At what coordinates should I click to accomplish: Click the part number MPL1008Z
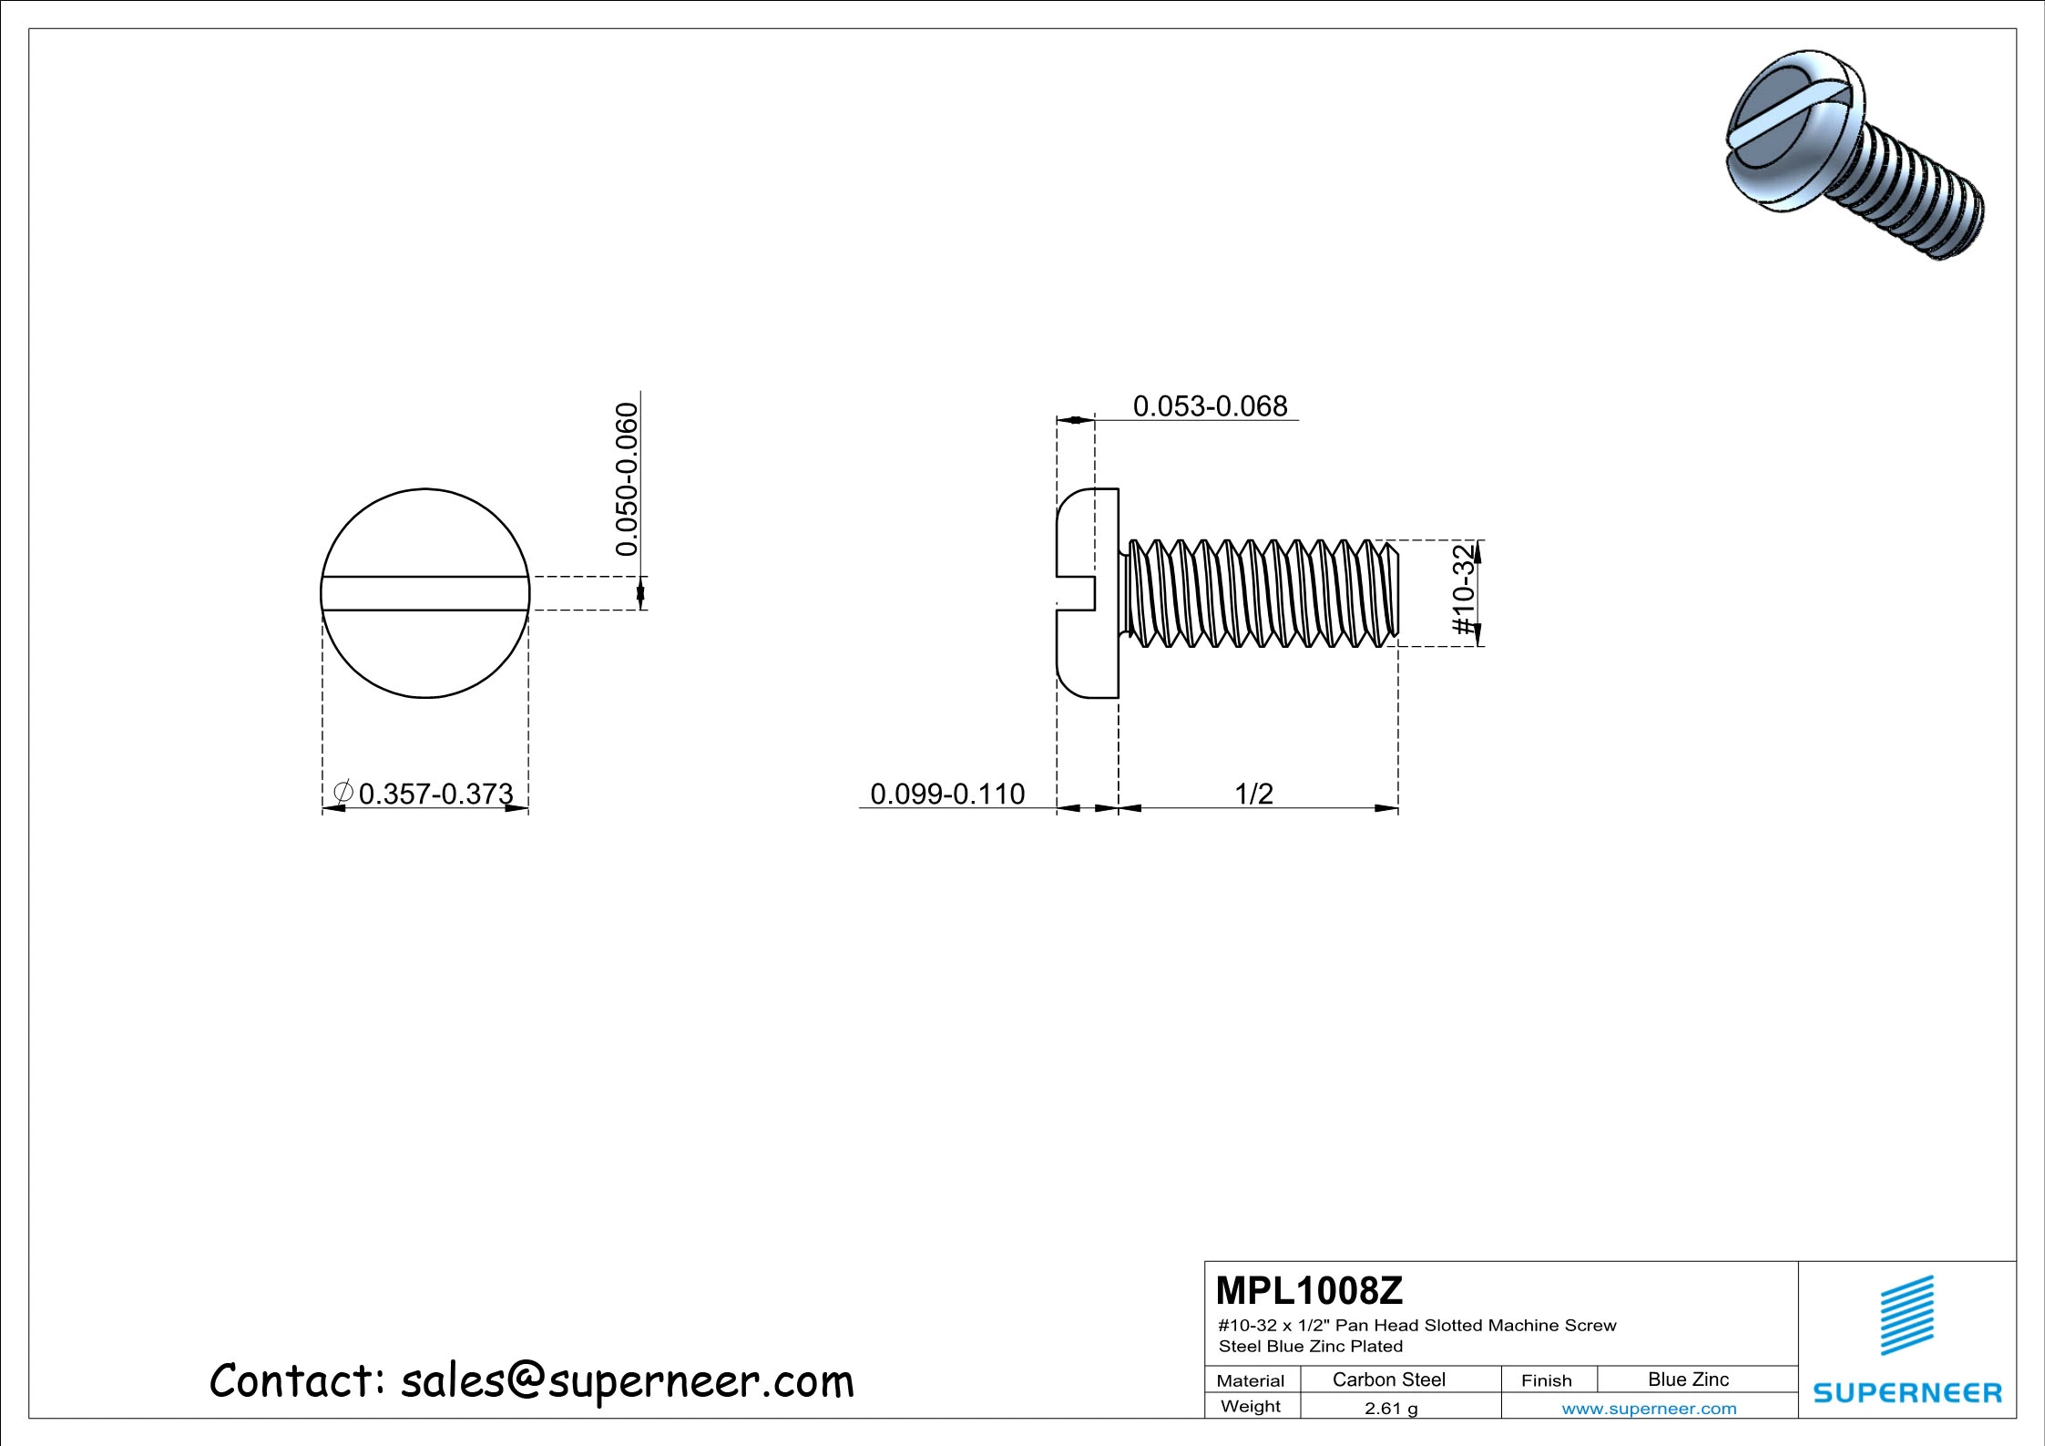click(x=1309, y=1290)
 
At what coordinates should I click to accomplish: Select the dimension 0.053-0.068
click(x=1210, y=406)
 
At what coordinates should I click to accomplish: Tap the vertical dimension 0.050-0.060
click(x=627, y=479)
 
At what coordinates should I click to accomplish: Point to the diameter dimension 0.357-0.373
click(x=435, y=794)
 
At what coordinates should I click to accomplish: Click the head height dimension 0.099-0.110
click(x=947, y=794)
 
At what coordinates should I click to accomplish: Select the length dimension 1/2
click(x=1253, y=794)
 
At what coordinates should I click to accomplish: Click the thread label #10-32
click(x=1463, y=590)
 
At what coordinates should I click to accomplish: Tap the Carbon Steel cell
click(x=1388, y=1379)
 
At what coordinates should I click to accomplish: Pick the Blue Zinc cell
click(x=1688, y=1379)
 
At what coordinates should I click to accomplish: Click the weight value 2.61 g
click(x=1391, y=1408)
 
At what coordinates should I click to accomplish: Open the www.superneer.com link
click(x=1649, y=1408)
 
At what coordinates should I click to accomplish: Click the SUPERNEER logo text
click(x=1907, y=1392)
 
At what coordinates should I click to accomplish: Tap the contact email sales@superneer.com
click(x=627, y=1381)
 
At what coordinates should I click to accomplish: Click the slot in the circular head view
click(x=425, y=593)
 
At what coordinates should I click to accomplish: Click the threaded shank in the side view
click(x=1262, y=593)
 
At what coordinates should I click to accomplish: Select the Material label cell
click(x=1250, y=1380)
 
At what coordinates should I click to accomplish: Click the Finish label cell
click(x=1546, y=1380)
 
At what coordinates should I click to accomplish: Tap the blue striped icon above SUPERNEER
click(x=1907, y=1315)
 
